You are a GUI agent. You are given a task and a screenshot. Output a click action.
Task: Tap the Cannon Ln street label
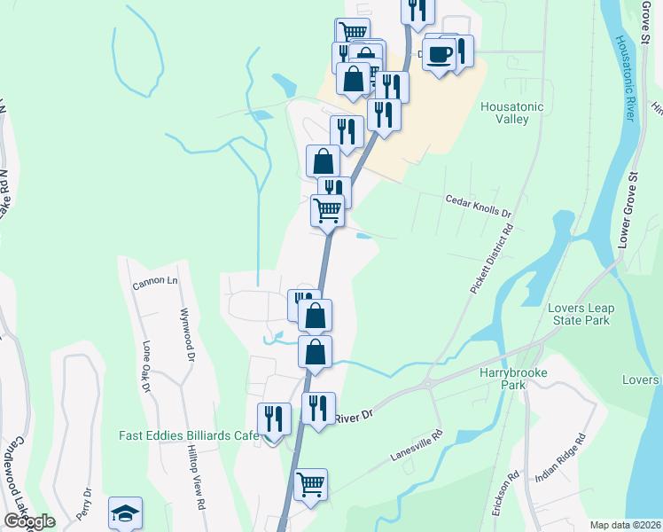click(x=155, y=284)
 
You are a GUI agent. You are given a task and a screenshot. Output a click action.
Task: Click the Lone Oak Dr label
click(x=144, y=365)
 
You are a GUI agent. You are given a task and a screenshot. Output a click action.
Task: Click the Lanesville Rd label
click(x=416, y=448)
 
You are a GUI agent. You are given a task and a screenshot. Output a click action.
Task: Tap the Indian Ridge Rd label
click(x=560, y=458)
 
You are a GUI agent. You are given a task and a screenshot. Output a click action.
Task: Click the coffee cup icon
click(x=439, y=53)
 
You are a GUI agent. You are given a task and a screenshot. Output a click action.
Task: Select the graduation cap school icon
click(x=125, y=513)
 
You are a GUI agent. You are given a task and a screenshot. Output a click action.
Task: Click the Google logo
click(x=29, y=521)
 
